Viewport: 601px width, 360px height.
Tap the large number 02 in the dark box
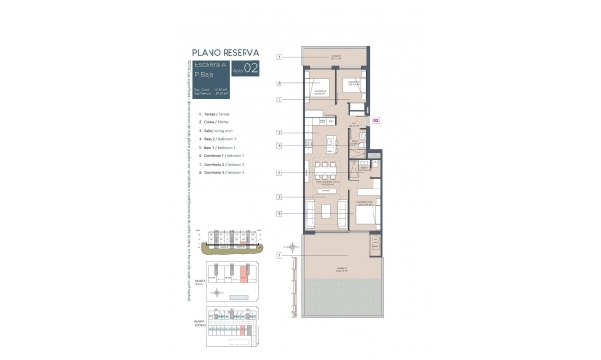point(250,67)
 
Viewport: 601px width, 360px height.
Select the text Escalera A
point(209,63)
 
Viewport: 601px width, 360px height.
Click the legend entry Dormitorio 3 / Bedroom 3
point(228,173)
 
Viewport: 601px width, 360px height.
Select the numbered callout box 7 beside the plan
point(280,98)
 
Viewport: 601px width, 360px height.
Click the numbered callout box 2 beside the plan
point(280,132)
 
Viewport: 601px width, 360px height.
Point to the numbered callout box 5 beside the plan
point(280,172)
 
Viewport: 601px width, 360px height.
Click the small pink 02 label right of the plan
point(375,120)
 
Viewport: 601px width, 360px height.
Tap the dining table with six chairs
point(326,171)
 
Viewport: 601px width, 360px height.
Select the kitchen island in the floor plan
point(330,145)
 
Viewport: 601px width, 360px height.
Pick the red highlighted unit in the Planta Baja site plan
point(243,276)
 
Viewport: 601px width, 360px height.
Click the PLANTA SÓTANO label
point(201,321)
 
